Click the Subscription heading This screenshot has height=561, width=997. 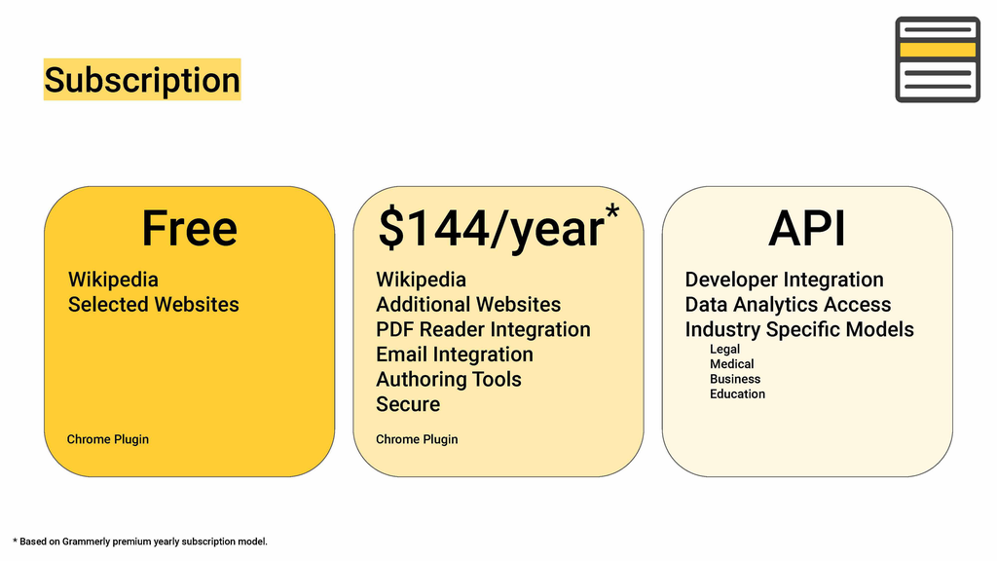click(x=142, y=80)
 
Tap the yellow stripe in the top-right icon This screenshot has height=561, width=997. click(x=938, y=51)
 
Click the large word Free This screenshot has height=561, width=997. click(x=190, y=228)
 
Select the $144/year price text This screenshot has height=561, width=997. click(x=491, y=228)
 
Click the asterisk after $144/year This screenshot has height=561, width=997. click(x=612, y=211)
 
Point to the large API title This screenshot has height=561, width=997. click(x=807, y=228)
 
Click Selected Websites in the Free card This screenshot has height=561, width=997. click(x=153, y=305)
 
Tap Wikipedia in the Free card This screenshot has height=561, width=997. click(x=113, y=280)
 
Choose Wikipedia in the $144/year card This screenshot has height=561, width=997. click(x=421, y=280)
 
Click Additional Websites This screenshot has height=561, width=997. click(x=468, y=305)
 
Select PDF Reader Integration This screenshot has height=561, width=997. click(x=483, y=329)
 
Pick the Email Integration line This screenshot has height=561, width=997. click(x=455, y=355)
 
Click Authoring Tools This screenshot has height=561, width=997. click(x=448, y=379)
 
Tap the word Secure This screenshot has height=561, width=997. click(x=408, y=404)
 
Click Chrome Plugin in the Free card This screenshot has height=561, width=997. click(x=107, y=439)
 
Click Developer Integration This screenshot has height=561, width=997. click(x=784, y=280)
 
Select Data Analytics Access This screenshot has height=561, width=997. click(x=788, y=305)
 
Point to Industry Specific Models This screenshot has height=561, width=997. click(x=799, y=329)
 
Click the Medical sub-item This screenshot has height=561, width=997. click(x=732, y=364)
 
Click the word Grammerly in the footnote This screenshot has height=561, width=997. click(x=86, y=542)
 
